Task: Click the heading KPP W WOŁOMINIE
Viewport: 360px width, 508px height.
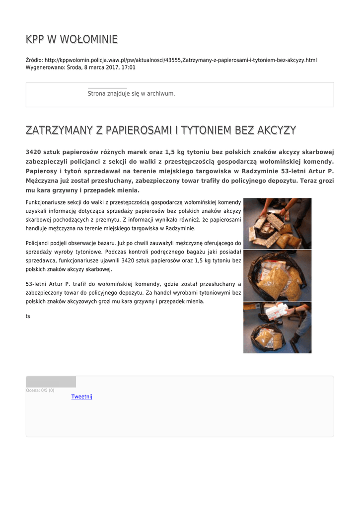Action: [x=72, y=39]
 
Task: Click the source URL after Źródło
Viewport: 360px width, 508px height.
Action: [x=181, y=60]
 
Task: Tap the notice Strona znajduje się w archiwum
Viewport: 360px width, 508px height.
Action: [x=131, y=93]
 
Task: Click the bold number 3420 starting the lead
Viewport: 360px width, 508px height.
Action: [x=33, y=152]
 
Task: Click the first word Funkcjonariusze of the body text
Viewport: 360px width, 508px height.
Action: [x=45, y=202]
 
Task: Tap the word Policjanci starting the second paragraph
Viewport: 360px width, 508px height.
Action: [x=38, y=243]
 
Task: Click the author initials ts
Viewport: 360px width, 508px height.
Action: [x=28, y=316]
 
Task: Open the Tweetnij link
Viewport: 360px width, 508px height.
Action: [x=82, y=396]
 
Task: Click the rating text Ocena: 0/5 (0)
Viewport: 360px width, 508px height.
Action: [x=40, y=390]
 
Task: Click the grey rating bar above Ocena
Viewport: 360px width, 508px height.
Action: [x=51, y=381]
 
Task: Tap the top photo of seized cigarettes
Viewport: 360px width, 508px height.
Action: [x=277, y=223]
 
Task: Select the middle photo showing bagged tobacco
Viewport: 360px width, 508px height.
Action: [x=277, y=275]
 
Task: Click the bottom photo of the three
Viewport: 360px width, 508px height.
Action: [x=277, y=327]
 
